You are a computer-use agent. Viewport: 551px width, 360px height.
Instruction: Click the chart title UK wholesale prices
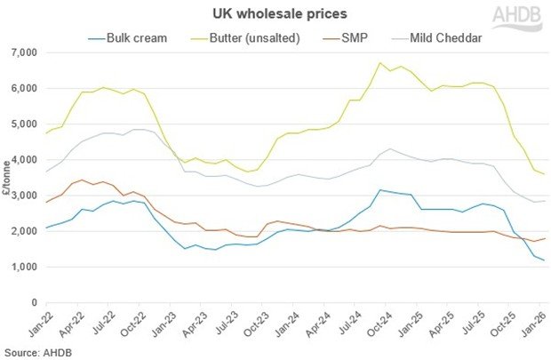tap(275, 14)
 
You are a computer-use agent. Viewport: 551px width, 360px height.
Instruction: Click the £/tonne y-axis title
tap(7, 178)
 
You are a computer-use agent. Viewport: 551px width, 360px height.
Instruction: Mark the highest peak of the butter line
tap(380, 63)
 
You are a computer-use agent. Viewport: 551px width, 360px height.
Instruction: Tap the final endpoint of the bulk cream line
tap(544, 260)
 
